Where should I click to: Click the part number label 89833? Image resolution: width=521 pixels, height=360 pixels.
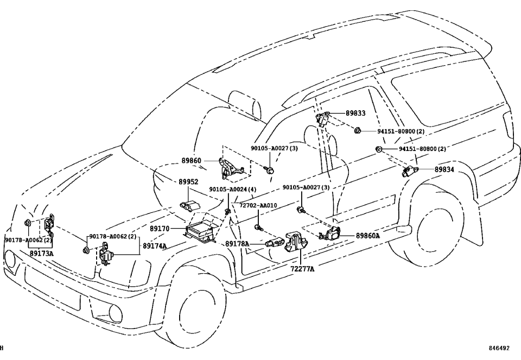pos(355,113)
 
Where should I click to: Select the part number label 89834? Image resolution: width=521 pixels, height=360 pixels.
pos(444,169)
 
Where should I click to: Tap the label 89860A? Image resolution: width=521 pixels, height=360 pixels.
pos(368,236)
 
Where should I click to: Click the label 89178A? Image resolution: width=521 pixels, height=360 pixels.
pos(237,244)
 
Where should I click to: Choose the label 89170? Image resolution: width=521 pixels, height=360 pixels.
pos(161,230)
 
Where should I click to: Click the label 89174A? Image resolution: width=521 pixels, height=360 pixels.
pos(155,246)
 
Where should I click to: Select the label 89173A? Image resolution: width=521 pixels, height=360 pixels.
pos(42,253)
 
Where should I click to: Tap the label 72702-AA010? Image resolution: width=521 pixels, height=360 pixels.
pos(258,205)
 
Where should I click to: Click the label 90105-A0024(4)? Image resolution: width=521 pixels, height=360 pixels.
pos(233,190)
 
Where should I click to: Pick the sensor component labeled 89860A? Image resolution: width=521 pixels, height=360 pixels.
pos(332,235)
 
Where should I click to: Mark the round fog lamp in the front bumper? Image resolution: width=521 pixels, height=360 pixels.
pos(116,313)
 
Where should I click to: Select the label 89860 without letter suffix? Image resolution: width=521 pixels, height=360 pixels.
pos(191,161)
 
